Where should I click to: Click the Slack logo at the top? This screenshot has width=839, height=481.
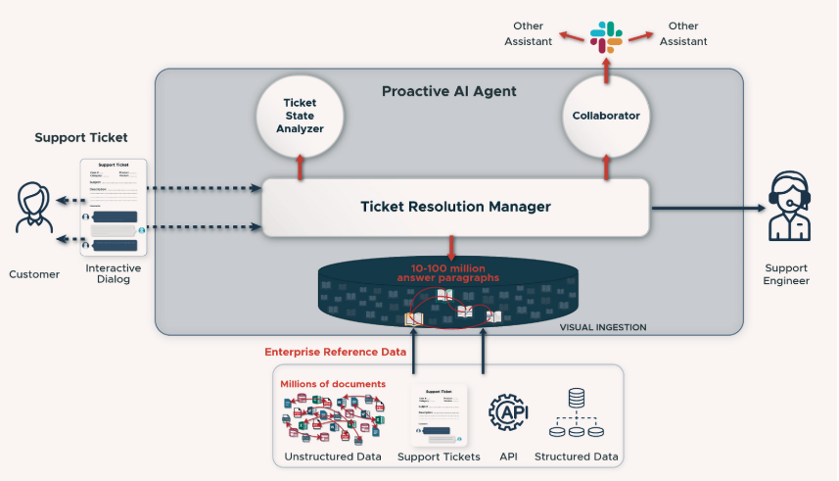(606, 36)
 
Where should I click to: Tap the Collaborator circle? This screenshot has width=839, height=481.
(606, 116)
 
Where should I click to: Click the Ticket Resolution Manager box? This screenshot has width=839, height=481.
(455, 207)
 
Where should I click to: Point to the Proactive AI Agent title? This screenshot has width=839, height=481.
(448, 91)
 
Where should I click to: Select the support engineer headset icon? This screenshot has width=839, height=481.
(787, 207)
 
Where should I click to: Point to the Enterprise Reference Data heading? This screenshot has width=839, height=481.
(336, 352)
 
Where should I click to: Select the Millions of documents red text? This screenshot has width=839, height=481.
(333, 383)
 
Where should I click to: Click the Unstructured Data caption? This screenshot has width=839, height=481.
(333, 457)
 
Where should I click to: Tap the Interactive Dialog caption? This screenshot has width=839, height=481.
(114, 274)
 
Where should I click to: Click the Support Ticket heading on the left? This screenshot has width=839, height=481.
(81, 138)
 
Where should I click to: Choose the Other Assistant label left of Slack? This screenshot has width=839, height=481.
(529, 33)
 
